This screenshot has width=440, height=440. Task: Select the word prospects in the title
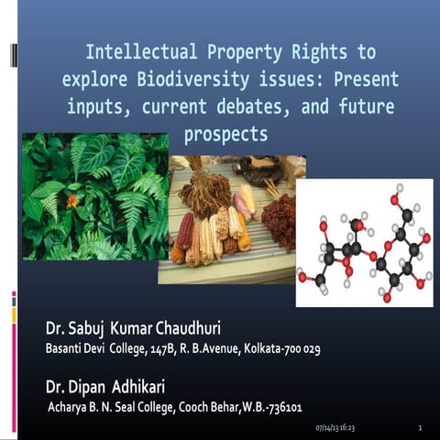pyautogui.click(x=225, y=134)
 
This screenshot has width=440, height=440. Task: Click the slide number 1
pyautogui.click(x=419, y=428)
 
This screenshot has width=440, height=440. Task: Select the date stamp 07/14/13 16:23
pyautogui.click(x=335, y=428)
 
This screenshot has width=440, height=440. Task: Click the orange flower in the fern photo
pyautogui.click(x=71, y=199)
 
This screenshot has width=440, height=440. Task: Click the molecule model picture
pyautogui.click(x=362, y=242)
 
